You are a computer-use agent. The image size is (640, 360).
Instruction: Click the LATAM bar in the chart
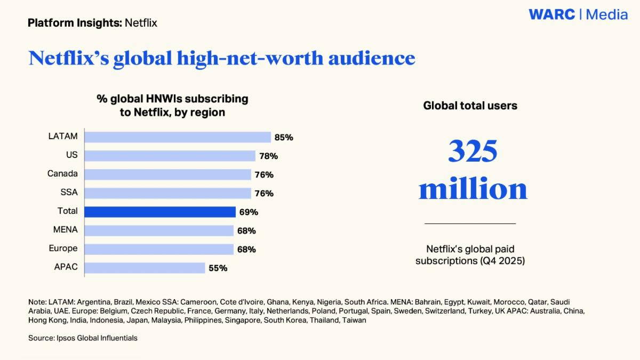(178, 137)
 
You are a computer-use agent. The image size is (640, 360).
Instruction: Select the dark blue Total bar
(160, 212)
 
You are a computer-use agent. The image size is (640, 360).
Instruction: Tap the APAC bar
(145, 268)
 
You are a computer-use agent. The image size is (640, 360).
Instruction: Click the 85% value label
(284, 137)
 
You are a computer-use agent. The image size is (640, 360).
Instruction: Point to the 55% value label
(218, 268)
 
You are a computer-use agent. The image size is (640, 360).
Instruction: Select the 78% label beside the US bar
(268, 156)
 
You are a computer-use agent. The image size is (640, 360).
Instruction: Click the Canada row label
(62, 174)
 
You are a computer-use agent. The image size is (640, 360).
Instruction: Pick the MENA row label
(66, 230)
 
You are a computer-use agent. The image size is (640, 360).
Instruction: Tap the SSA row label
(69, 193)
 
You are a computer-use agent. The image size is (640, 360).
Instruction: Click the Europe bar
(159, 249)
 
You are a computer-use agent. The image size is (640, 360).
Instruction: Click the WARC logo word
(552, 15)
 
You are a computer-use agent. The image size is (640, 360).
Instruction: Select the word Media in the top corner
(607, 15)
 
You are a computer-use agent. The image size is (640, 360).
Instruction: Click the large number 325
(473, 151)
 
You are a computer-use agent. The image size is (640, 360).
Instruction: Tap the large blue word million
(473, 189)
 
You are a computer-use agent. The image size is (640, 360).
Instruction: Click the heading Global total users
(470, 106)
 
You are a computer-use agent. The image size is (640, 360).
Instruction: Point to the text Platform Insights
(74, 23)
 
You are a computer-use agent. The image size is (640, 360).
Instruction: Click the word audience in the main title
(371, 58)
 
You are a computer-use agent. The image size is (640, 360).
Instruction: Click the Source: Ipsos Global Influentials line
(83, 338)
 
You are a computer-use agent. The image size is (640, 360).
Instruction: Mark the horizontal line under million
(470, 223)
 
